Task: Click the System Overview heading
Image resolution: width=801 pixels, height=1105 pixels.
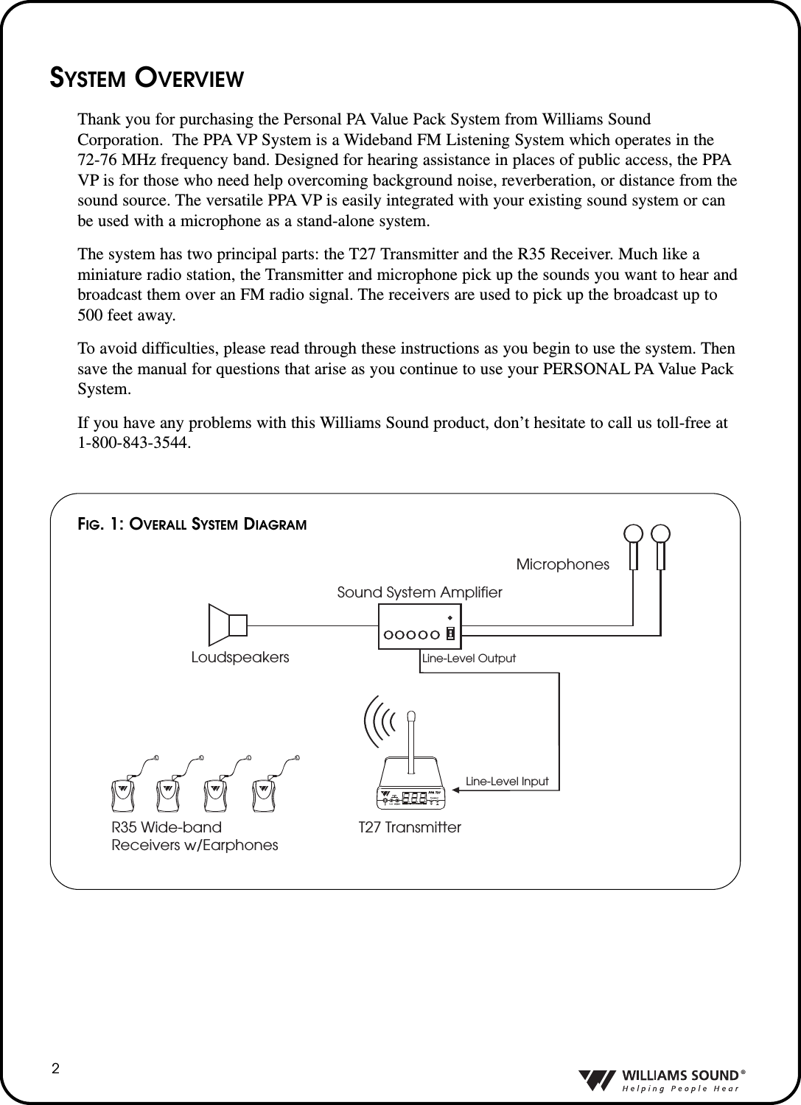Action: [x=146, y=77]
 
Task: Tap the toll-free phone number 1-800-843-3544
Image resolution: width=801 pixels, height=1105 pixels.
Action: [x=133, y=443]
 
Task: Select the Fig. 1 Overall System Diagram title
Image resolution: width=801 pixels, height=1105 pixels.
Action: [x=192, y=525]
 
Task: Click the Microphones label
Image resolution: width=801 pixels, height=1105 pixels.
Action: [x=563, y=564]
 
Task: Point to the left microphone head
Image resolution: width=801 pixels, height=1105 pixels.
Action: [x=634, y=534]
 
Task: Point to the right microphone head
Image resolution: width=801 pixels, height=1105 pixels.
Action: [x=660, y=534]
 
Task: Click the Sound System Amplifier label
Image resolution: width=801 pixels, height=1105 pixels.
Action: [x=419, y=592]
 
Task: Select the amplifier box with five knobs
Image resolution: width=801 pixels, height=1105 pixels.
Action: [x=419, y=627]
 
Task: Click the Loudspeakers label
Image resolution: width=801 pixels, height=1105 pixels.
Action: [x=240, y=657]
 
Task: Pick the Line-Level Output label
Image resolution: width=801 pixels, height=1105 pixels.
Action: [x=469, y=658]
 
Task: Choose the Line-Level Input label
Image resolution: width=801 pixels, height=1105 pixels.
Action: [x=507, y=781]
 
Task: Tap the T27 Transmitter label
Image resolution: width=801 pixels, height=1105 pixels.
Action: [x=410, y=827]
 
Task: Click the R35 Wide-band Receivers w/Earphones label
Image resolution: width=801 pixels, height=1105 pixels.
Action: [x=195, y=836]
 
